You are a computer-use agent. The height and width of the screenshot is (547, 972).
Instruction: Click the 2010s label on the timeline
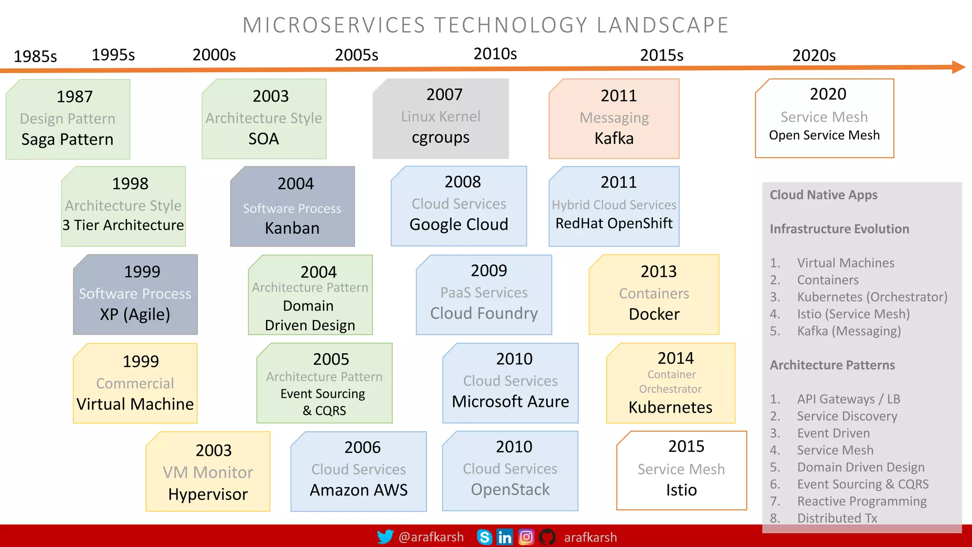click(x=495, y=54)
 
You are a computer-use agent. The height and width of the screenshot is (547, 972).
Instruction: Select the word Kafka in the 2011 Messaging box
click(x=614, y=139)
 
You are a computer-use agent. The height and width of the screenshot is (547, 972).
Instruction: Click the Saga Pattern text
click(x=67, y=140)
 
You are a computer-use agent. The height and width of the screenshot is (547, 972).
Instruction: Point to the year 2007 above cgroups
click(x=444, y=94)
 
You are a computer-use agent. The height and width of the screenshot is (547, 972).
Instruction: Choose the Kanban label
click(x=292, y=228)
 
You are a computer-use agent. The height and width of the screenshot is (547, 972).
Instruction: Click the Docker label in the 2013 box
click(x=654, y=314)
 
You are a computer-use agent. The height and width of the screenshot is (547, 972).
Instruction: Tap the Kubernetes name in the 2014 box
click(x=670, y=407)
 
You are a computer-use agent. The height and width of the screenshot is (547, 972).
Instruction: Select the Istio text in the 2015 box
click(x=681, y=490)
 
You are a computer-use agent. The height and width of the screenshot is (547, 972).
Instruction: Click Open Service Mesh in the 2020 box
click(x=824, y=135)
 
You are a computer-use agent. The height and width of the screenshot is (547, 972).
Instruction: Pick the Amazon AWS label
click(x=358, y=490)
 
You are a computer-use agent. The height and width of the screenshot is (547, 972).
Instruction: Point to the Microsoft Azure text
click(x=510, y=402)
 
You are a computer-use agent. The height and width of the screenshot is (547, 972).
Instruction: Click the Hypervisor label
click(x=208, y=494)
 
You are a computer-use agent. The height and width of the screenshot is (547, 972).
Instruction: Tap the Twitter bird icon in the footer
click(x=385, y=537)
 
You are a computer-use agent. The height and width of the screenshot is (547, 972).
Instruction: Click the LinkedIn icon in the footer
click(x=505, y=537)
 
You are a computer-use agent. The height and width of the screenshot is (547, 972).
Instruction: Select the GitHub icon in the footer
click(x=547, y=537)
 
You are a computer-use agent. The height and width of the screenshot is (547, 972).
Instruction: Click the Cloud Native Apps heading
click(x=823, y=195)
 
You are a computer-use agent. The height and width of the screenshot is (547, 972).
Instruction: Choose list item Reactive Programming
click(x=861, y=501)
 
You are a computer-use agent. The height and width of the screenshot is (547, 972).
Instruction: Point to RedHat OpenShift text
click(x=614, y=223)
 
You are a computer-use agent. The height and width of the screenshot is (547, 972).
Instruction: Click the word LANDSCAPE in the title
click(x=663, y=25)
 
